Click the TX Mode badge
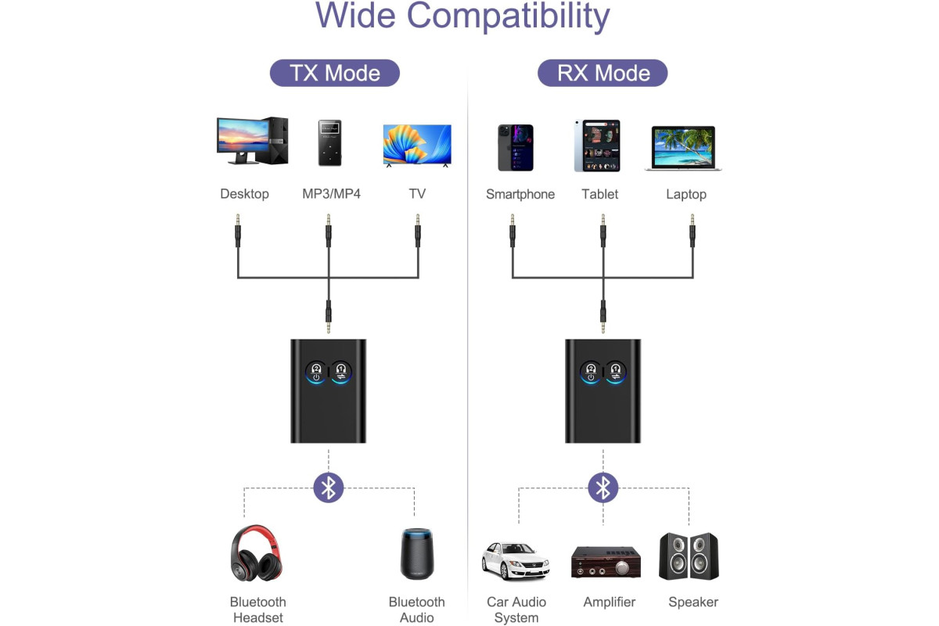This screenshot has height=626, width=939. [335, 73]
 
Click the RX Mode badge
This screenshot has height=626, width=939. [603, 73]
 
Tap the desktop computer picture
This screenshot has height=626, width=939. [252, 141]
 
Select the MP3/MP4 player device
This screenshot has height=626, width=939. [329, 143]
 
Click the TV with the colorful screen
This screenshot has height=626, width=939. [417, 146]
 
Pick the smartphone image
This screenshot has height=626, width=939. [516, 148]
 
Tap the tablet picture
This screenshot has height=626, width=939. [597, 146]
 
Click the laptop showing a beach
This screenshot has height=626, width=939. [683, 148]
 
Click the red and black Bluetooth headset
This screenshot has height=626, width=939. [257, 553]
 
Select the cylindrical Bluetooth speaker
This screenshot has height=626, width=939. [416, 554]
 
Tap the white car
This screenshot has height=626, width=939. [515, 561]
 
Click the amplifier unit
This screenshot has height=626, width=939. [606, 562]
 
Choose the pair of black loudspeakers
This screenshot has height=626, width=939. [689, 556]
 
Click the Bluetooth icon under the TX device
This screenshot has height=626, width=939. [328, 487]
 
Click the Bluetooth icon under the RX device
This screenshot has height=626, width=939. [603, 487]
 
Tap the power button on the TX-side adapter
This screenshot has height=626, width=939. [316, 372]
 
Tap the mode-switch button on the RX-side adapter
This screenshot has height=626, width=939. [615, 372]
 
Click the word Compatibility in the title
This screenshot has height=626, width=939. [508, 16]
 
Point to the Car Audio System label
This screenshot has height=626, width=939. [516, 610]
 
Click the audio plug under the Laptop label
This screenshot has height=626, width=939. [692, 231]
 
